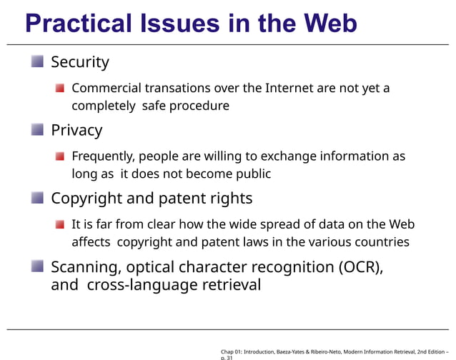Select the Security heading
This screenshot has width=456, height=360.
(80, 62)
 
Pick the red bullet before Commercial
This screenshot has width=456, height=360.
(61, 89)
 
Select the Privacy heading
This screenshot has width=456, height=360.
(76, 130)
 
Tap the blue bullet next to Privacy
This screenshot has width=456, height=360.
(37, 129)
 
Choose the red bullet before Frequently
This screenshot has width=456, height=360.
(61, 156)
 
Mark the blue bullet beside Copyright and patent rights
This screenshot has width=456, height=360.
(37, 197)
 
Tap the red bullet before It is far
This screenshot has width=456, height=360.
(61, 224)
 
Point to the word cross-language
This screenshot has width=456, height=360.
(139, 285)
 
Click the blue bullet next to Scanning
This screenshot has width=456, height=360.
(37, 266)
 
